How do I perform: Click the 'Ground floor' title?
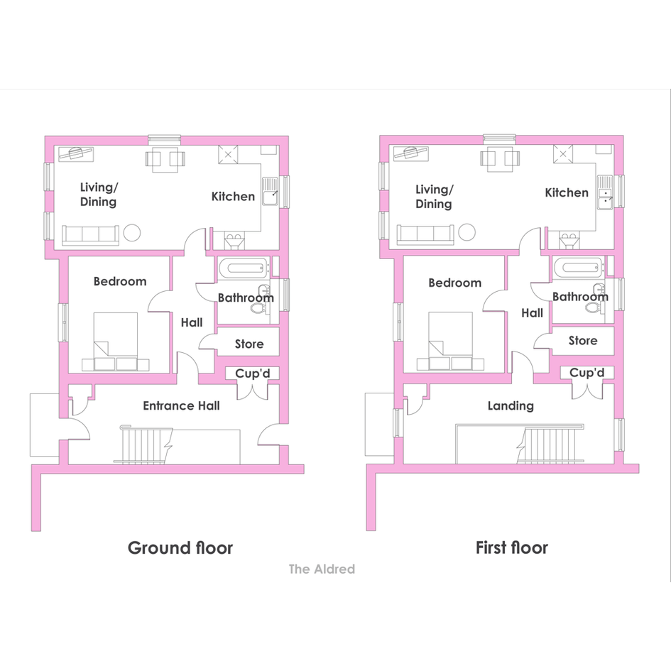click(180, 548)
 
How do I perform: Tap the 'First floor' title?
click(512, 547)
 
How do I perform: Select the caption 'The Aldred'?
click(322, 569)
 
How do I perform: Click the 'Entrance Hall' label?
click(182, 405)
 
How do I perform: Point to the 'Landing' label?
click(511, 406)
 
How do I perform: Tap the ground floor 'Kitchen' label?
click(233, 197)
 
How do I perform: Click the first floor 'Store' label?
click(583, 341)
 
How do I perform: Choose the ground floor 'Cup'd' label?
click(253, 373)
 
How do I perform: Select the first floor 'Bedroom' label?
click(455, 283)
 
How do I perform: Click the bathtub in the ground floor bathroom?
click(244, 268)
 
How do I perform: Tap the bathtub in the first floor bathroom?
click(579, 268)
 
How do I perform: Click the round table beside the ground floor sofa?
click(132, 233)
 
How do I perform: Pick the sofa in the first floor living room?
click(425, 235)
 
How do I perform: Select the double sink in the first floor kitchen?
click(605, 192)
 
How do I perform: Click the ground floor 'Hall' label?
click(192, 322)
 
